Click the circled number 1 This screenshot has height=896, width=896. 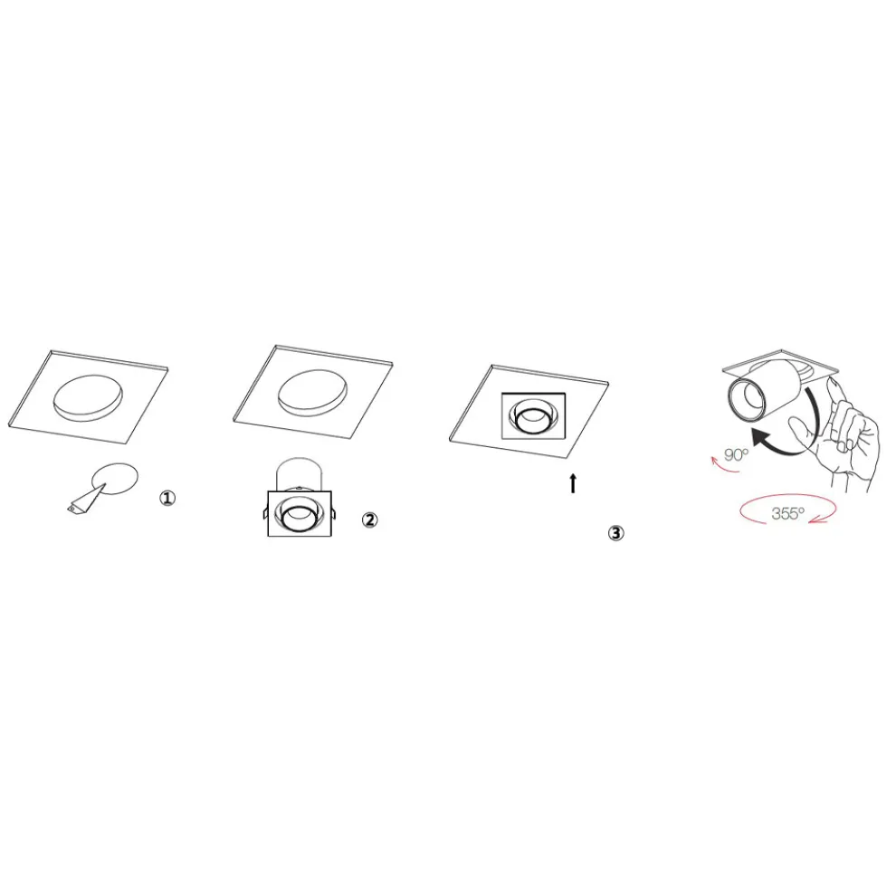(x=167, y=499)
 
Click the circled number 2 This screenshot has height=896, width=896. (x=370, y=520)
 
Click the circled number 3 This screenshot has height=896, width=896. (x=615, y=533)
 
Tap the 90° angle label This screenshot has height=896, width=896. (x=736, y=455)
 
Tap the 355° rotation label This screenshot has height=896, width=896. (x=787, y=514)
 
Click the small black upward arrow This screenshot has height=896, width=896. (x=573, y=483)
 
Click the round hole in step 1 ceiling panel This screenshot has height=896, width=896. (x=88, y=398)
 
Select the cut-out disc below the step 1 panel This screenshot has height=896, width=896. (x=117, y=478)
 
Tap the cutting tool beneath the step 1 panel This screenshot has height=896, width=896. (x=86, y=500)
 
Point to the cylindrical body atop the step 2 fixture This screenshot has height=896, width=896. (x=300, y=474)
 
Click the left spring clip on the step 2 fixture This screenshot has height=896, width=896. (x=266, y=513)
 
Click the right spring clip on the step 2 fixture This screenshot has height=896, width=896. (x=334, y=513)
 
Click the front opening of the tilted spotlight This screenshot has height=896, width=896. (x=747, y=399)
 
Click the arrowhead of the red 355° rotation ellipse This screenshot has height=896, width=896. (x=822, y=519)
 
